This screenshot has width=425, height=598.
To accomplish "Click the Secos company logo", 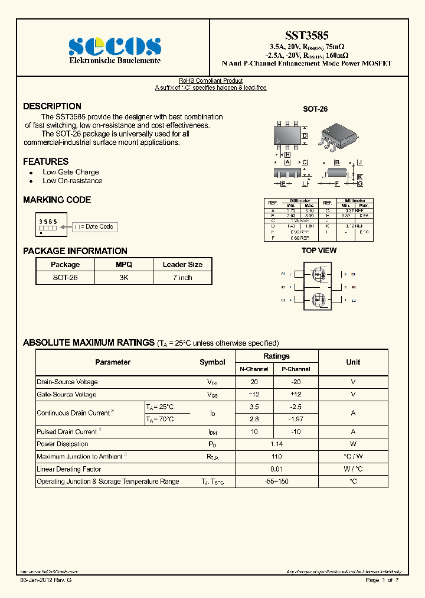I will click(x=115, y=46).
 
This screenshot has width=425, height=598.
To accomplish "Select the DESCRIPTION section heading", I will click(x=52, y=106).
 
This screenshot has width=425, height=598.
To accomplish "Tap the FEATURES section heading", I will click(x=45, y=161).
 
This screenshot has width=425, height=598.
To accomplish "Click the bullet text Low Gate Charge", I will click(x=70, y=172).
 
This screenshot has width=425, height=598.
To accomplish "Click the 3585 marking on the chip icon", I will click(x=48, y=221).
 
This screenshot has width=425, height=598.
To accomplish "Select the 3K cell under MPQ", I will click(x=124, y=278).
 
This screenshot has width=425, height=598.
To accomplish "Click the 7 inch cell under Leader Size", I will click(x=182, y=278).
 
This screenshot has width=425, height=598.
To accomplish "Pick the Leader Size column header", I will click(x=182, y=265).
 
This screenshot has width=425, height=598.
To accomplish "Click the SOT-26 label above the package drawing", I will click(x=315, y=109).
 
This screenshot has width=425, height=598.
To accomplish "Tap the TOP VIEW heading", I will click(x=319, y=251).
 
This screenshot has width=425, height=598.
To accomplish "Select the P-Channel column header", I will click(x=296, y=369).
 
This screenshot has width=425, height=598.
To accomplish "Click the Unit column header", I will click(x=353, y=362).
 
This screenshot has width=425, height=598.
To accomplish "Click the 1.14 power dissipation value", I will click(x=276, y=444).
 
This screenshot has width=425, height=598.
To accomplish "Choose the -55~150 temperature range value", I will click(x=276, y=482).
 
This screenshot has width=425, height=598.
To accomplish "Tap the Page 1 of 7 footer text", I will click(x=382, y=580).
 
